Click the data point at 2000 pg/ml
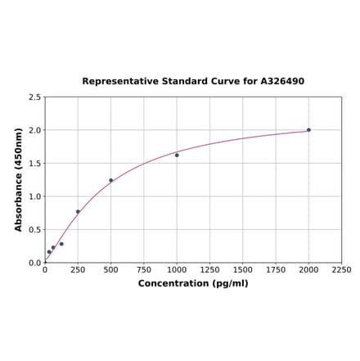click(x=308, y=130)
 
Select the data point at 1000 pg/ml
click(x=177, y=156)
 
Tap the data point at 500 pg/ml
click(x=110, y=180)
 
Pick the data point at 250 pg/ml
click(x=78, y=212)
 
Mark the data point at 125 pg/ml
click(x=61, y=244)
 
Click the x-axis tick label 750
click(x=144, y=270)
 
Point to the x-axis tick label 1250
click(x=209, y=270)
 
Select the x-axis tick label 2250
click(x=341, y=270)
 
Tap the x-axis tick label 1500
click(x=243, y=270)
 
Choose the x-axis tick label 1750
click(x=276, y=270)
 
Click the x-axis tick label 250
click(x=78, y=270)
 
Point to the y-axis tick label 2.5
click(x=34, y=97)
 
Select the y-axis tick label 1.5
click(x=34, y=164)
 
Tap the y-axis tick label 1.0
click(x=34, y=196)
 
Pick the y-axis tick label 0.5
click(x=34, y=230)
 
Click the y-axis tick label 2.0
click(x=34, y=130)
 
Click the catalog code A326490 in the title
click(x=282, y=82)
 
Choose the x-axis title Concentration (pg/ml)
click(x=193, y=283)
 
